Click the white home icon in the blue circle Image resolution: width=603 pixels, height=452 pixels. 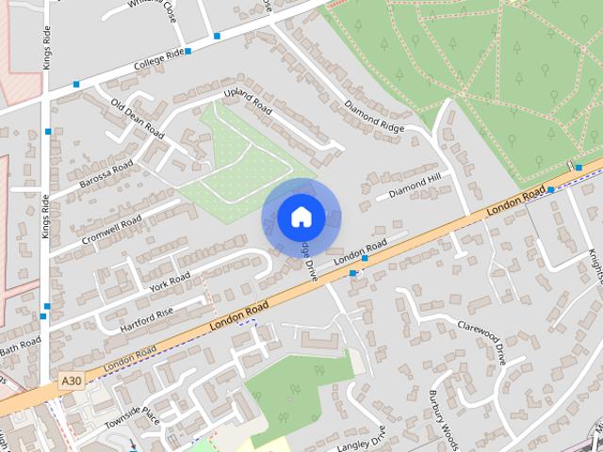[x=301, y=217]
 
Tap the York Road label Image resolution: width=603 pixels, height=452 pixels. [x=170, y=281]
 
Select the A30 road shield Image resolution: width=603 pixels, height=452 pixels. [x=68, y=380]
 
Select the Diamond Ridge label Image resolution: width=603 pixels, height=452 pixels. [x=374, y=115]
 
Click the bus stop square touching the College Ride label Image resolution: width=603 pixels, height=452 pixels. [x=188, y=51]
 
